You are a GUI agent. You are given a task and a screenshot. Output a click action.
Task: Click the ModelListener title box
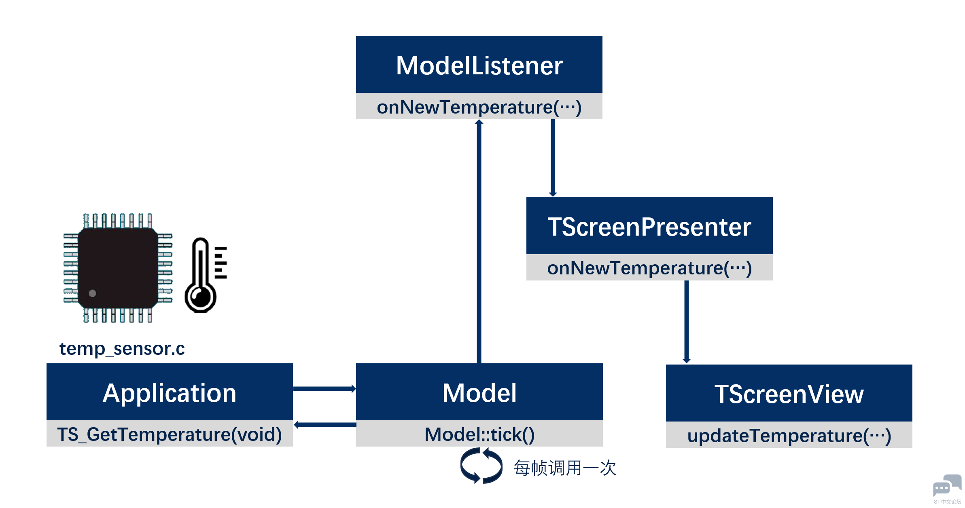(x=479, y=65)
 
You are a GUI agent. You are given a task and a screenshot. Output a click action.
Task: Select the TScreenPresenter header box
(x=649, y=226)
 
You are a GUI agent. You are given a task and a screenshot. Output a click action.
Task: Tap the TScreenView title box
(x=789, y=393)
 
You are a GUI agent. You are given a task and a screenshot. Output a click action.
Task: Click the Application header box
(x=170, y=392)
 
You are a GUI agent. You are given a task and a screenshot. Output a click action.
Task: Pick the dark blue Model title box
(x=479, y=392)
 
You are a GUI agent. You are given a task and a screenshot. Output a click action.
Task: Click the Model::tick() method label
(x=479, y=434)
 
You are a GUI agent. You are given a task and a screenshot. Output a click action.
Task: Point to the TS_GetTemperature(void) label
(x=170, y=434)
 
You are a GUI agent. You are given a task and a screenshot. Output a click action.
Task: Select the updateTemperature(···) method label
(x=789, y=436)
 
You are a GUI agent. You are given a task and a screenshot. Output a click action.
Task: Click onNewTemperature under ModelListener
(x=479, y=107)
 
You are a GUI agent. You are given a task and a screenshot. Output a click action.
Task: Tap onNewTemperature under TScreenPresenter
(x=649, y=268)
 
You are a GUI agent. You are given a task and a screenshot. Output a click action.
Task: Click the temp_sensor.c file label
(x=122, y=348)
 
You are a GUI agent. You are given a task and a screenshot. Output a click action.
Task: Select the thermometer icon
(x=206, y=275)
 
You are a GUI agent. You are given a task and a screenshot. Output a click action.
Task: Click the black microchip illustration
(x=118, y=268)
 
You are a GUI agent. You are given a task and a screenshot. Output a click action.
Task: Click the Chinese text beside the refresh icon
(x=565, y=468)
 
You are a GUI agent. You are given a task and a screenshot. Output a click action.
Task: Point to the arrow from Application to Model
(x=324, y=389)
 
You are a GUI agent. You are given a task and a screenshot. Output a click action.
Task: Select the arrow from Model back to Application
(x=325, y=425)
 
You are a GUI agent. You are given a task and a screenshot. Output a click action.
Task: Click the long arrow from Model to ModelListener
(x=479, y=241)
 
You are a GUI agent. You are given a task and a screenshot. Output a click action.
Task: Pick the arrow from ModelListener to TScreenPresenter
(x=553, y=158)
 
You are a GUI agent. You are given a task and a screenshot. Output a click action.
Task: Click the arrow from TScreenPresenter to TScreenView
(x=687, y=322)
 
